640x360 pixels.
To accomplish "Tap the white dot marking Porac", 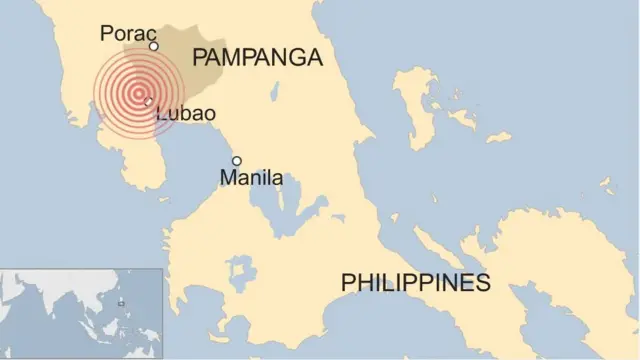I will pyautogui.click(x=154, y=46).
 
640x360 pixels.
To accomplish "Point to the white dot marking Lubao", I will pyautogui.click(x=148, y=101).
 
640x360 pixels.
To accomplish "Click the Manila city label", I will pyautogui.click(x=251, y=179).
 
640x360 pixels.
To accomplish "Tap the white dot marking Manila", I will pyautogui.click(x=237, y=161).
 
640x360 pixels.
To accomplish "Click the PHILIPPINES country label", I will pyautogui.click(x=415, y=283).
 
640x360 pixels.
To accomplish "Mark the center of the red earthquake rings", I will pyautogui.click(x=139, y=92).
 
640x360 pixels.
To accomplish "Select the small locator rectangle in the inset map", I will pyautogui.click(x=121, y=302).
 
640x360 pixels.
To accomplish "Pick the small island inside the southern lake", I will pyautogui.click(x=241, y=271).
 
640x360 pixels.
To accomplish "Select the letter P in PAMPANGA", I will pyautogui.click(x=200, y=57).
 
